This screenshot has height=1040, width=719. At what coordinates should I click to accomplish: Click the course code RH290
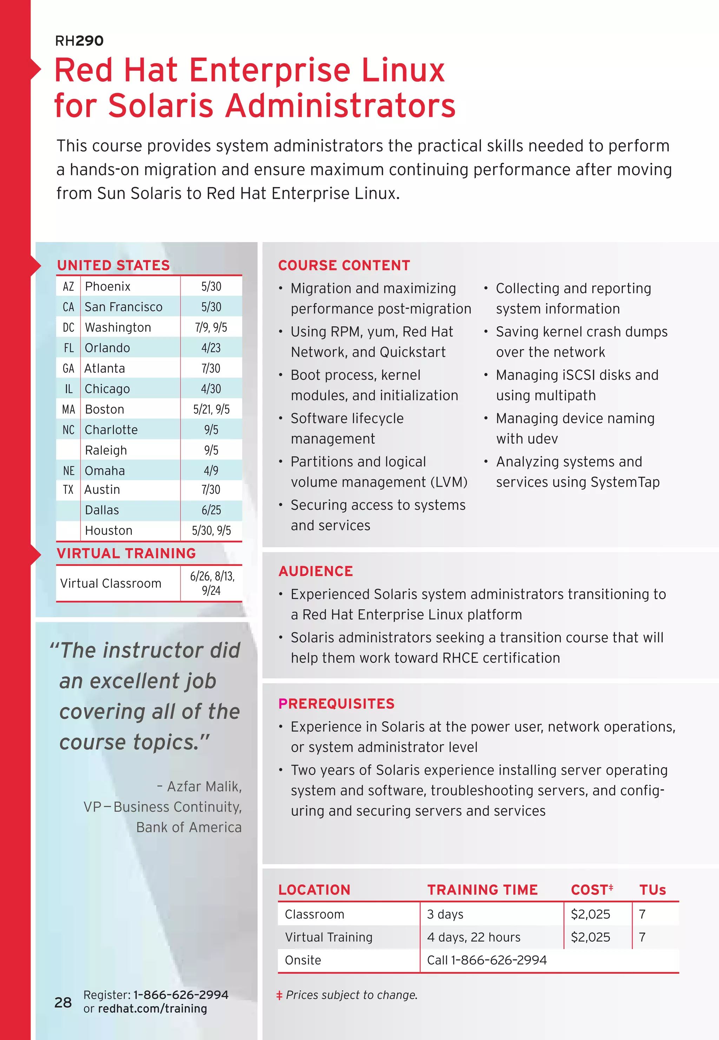coord(79,41)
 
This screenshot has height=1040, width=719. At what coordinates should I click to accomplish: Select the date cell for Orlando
coord(211,348)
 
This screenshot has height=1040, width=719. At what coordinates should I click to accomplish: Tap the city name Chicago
coord(107,389)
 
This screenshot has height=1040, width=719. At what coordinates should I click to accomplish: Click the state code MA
coord(68,409)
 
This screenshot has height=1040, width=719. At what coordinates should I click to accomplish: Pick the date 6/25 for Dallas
coord(211,510)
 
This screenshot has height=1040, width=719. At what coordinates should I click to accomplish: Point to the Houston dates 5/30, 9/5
coord(211,531)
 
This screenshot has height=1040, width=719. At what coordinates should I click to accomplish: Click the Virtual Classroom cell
coord(111,583)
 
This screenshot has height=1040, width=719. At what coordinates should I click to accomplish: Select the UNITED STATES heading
coord(113,265)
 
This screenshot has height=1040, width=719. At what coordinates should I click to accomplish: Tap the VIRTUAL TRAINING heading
coord(126,553)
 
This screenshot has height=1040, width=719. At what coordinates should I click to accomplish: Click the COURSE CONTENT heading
coord(344,265)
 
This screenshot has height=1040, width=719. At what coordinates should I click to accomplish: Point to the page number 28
coord(63,1002)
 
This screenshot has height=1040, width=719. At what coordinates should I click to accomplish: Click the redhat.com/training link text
coord(152,1008)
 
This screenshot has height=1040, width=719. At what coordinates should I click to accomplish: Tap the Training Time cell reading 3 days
coord(445,914)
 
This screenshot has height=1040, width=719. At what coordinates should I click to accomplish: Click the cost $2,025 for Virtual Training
coord(590,937)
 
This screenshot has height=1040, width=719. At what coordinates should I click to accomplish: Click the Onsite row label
coord(303,960)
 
